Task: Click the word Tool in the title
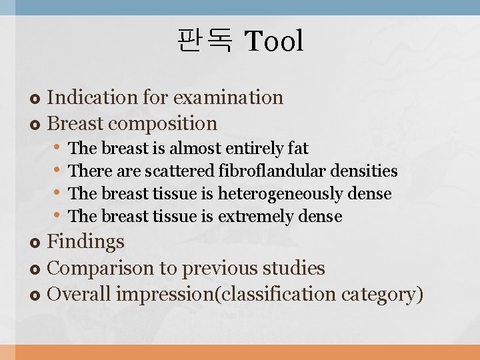pos(274,41)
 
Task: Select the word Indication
pos(94,97)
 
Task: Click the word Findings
pos(86,241)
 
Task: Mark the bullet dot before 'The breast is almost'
pos(58,147)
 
